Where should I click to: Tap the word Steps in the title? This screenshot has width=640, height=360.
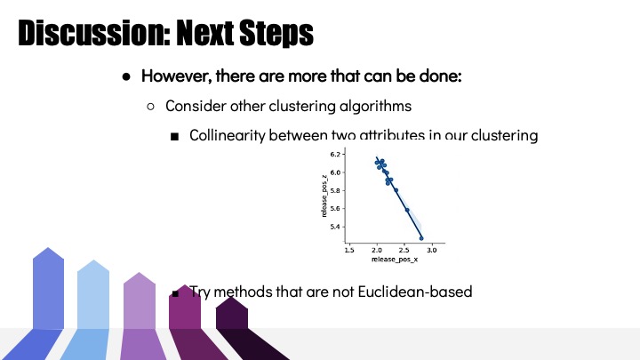[x=276, y=34]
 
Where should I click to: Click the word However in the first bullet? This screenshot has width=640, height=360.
[x=176, y=76]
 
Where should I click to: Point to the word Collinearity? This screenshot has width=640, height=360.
[x=228, y=135]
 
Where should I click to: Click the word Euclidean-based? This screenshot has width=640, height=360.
[x=415, y=292]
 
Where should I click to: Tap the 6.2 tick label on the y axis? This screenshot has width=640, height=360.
[x=335, y=155]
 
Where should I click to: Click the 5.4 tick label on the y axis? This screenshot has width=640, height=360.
[x=335, y=227]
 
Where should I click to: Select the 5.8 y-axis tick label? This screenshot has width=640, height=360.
[x=335, y=190]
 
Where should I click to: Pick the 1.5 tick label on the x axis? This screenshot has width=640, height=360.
[x=349, y=250]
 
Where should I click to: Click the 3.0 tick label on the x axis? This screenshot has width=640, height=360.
[x=432, y=250]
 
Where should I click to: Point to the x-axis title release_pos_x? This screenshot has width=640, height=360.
[x=395, y=260]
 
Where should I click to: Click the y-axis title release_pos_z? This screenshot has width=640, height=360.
[x=324, y=196]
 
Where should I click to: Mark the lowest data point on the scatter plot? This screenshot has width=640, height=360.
[x=421, y=238]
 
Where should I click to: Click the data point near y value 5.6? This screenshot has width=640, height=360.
[x=407, y=210]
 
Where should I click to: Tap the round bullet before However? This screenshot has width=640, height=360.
[x=126, y=76]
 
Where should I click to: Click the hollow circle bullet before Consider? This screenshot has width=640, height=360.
[x=150, y=107]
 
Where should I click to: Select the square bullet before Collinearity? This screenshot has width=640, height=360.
[x=175, y=136]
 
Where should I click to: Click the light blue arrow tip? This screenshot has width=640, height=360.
[x=93, y=260]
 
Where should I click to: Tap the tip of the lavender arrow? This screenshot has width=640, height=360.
[x=140, y=273]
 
